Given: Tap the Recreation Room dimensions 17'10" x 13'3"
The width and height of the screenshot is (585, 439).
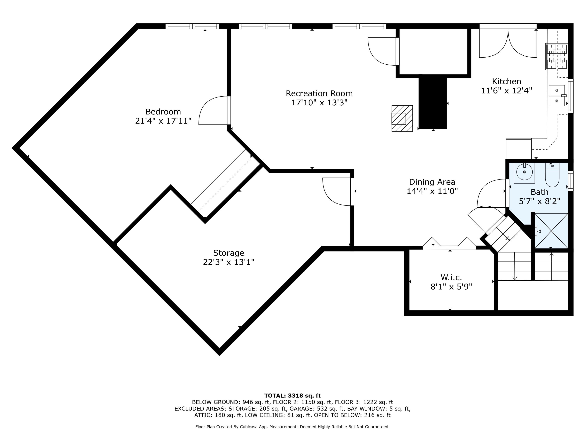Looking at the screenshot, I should tap(319, 103).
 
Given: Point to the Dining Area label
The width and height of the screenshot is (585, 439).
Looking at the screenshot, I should tap(432, 182).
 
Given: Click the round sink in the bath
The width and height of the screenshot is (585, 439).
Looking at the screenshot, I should tap(524, 172).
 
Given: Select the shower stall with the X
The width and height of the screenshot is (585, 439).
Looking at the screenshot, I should tap(551, 231).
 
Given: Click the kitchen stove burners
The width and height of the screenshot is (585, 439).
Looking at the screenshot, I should tap(557, 56).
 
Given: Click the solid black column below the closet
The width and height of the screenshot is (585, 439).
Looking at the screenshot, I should tap(433, 103).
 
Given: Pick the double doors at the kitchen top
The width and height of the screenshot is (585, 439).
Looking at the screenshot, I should tap(508, 44).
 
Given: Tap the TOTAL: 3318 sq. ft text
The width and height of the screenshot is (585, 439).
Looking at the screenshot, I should tap(292, 396).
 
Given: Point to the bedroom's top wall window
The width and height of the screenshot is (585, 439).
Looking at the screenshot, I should tap(192, 26).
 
